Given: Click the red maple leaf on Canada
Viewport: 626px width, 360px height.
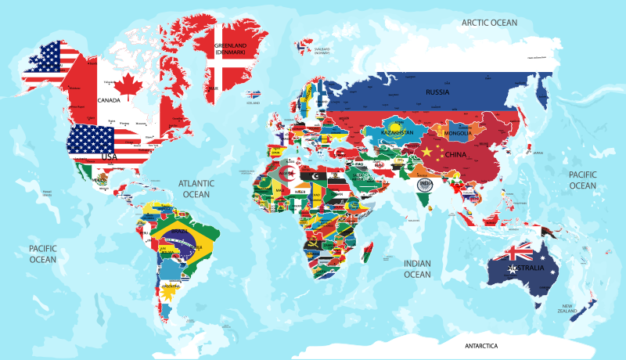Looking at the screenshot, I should click(x=128, y=82).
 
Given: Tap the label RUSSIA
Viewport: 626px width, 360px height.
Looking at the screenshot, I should click(x=437, y=92).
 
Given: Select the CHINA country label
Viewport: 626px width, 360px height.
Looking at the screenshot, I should click(x=456, y=154).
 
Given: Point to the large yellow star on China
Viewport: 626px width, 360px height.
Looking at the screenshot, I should click(x=427, y=150).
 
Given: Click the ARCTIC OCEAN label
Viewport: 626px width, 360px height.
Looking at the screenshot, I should click(x=490, y=23).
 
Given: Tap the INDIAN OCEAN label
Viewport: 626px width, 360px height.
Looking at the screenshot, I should click(x=417, y=269).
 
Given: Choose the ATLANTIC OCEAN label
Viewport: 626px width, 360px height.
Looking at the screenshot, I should click(x=196, y=189).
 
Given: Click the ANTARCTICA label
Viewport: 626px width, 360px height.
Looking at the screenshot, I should click(x=481, y=345).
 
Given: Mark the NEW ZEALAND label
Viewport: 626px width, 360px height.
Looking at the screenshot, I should click(x=567, y=308).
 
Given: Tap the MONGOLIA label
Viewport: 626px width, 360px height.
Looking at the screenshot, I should click(x=458, y=133).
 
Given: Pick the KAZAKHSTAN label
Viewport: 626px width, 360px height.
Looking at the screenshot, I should click(x=397, y=133).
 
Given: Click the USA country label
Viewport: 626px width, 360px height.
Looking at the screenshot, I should click(x=108, y=157).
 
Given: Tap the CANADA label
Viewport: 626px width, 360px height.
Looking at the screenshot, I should click(x=108, y=100).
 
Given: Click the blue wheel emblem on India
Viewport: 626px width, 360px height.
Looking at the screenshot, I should click(x=425, y=185).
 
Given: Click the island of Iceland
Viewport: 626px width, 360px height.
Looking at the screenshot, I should click(x=253, y=95).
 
